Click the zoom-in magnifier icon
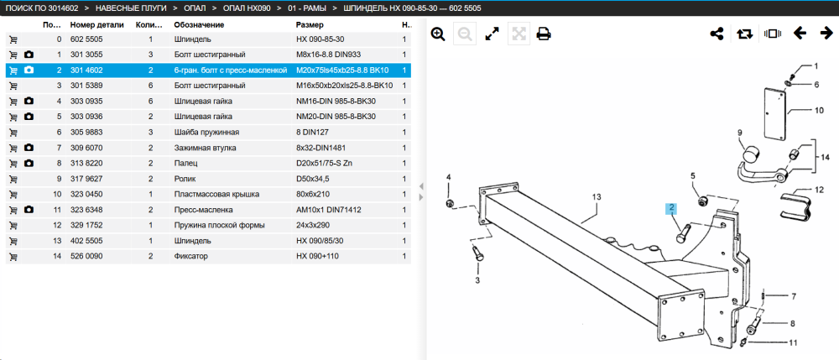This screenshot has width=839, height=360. [438, 34]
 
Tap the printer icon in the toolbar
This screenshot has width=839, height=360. [544, 34]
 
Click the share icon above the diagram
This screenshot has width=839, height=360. [717, 34]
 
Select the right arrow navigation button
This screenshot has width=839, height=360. [826, 34]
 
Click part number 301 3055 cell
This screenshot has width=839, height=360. [86, 55]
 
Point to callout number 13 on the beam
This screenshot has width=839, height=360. [597, 197]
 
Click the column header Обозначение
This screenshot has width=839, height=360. [199, 24]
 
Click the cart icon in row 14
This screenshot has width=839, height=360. [13, 256]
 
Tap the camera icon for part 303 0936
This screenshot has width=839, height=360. [29, 117]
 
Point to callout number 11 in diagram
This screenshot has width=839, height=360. [793, 342]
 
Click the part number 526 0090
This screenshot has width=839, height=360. [86, 256]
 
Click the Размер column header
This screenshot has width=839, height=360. [310, 24]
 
